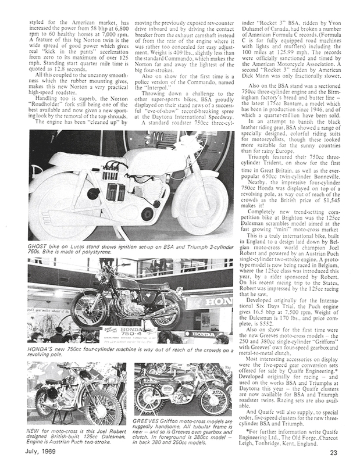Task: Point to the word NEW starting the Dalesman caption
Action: (x=34, y=431)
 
